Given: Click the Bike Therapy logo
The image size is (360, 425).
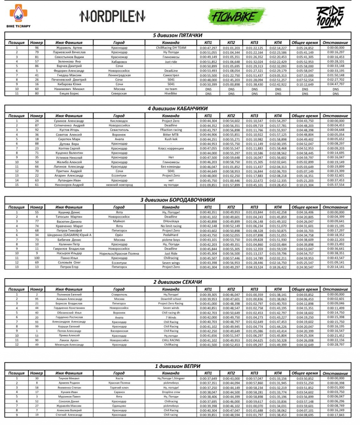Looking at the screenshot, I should coord(18,16).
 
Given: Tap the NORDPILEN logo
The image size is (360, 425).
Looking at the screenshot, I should coord(112,15).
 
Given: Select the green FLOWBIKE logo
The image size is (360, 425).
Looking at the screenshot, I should coord(237,16).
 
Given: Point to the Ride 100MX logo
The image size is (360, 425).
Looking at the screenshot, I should coord(329,17).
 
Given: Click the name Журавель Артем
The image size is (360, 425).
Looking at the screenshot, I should coord(69,48).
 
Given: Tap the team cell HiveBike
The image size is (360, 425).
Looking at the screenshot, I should coord(171,94).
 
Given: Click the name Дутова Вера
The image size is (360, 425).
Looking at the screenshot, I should coord(69,144).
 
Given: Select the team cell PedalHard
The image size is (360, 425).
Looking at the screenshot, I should coord(171,235).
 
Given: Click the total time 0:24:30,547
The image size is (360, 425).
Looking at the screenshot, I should coord(304,267).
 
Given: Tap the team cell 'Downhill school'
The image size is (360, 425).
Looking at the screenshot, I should coord(171,299).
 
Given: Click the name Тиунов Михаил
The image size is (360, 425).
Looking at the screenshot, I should coord(69,379).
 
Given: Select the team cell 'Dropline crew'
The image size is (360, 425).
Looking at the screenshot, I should coord(171,392).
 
